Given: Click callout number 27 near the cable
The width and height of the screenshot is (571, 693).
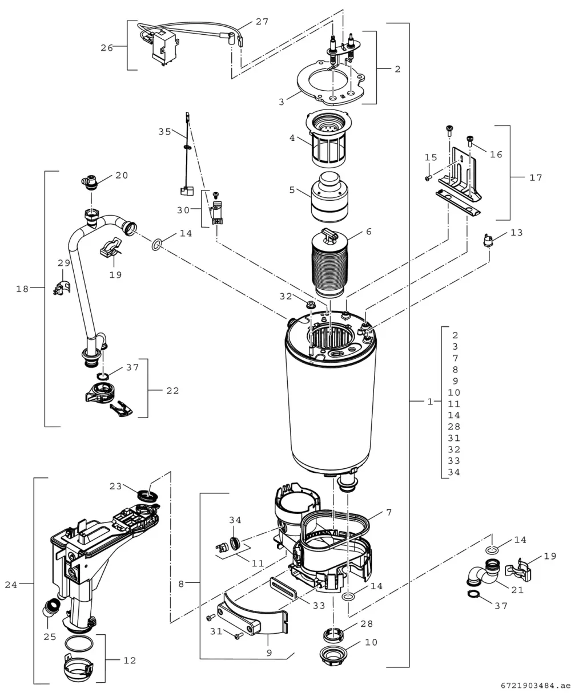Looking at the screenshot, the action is [x=262, y=22].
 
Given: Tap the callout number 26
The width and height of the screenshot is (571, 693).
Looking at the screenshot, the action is [x=107, y=48].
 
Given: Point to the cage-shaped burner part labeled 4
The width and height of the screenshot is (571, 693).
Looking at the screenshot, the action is [x=327, y=139].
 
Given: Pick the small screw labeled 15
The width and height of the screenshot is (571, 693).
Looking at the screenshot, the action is [x=428, y=178].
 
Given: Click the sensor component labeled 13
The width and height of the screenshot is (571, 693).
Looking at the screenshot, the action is [x=488, y=240].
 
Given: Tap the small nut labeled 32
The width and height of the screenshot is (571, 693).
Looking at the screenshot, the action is [x=309, y=305].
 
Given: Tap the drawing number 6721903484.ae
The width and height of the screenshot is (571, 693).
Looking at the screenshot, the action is [x=536, y=686].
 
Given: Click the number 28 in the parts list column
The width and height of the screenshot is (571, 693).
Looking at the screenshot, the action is [x=454, y=427].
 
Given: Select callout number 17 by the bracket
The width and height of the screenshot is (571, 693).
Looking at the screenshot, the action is [x=536, y=178].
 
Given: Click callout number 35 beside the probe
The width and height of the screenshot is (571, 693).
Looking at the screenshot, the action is [x=165, y=132].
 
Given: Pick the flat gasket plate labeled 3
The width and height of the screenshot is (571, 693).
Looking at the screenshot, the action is [x=331, y=82].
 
